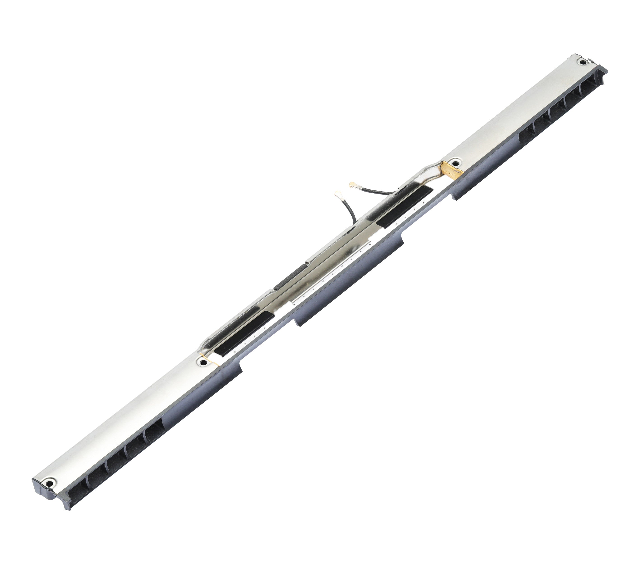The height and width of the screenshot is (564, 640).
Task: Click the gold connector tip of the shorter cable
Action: coord(337,195)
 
